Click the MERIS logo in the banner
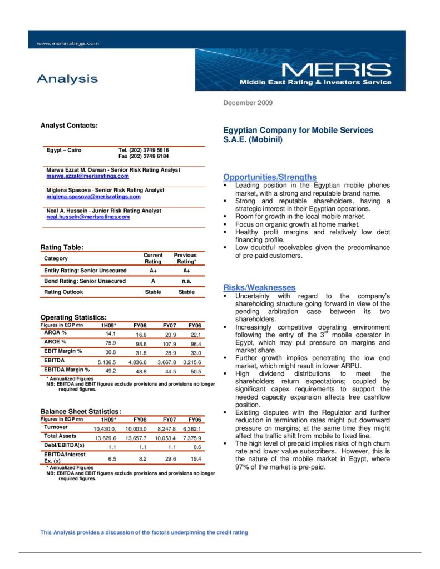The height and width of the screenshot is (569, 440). tap(335, 71)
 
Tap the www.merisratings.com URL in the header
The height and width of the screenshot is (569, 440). tap(67, 43)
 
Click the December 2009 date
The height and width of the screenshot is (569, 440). tap(248, 103)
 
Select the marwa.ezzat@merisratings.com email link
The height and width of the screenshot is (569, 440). tap(87, 176)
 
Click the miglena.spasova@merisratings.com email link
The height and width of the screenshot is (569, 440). tap(93, 197)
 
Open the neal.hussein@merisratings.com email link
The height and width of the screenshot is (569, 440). tap(88, 217)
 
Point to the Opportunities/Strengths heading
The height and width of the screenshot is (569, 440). tap(270, 177)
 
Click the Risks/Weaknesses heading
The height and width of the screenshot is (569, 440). tap(259, 287)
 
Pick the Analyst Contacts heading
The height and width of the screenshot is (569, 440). tap(69, 126)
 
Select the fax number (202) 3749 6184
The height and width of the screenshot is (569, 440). tap(144, 156)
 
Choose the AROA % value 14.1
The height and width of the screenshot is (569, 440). tap(110, 333)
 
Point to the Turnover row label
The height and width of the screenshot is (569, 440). tap(56, 427)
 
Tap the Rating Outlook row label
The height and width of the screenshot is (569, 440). tap(65, 292)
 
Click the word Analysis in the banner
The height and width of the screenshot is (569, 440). tap(67, 79)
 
